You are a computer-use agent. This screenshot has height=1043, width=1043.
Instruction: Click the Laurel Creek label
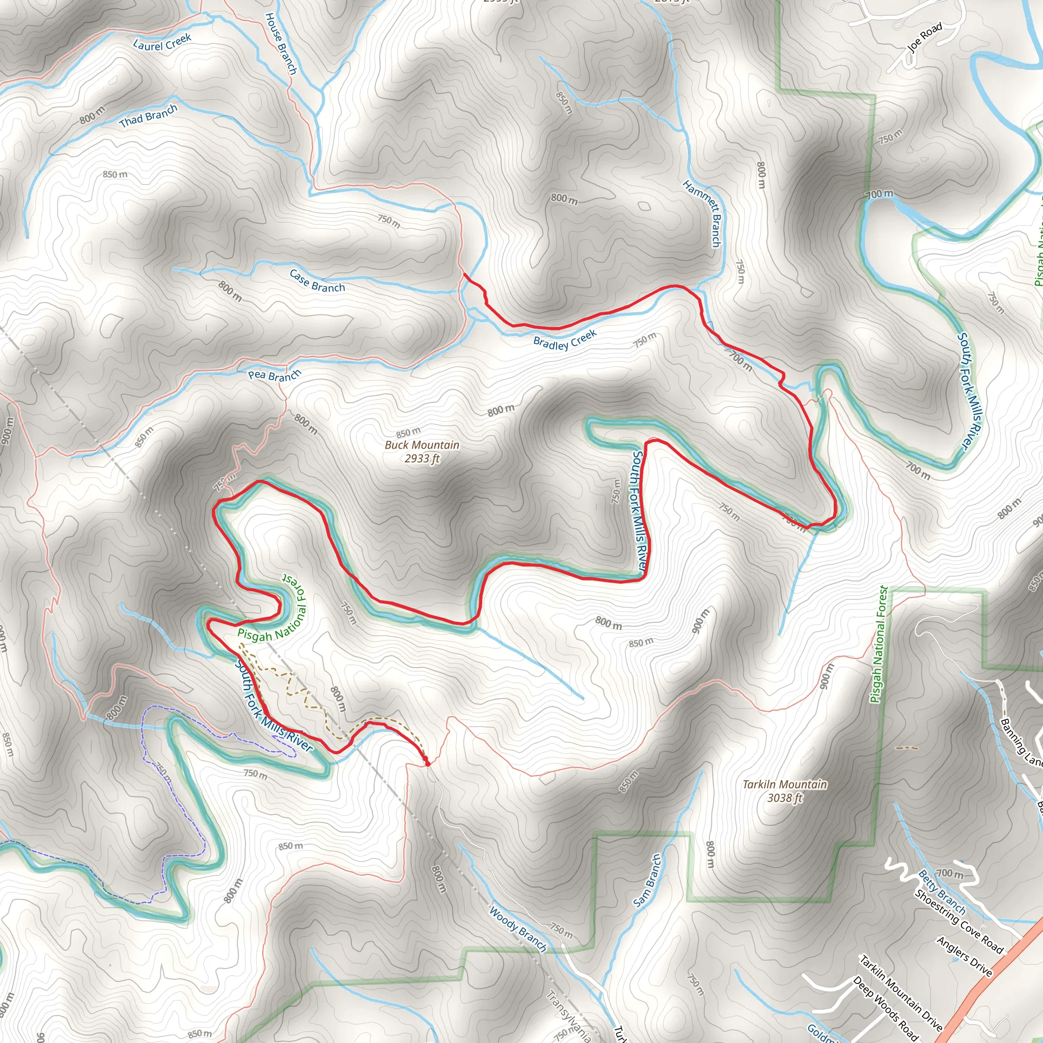coord(162,42)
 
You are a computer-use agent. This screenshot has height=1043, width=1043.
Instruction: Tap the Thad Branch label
coord(149,116)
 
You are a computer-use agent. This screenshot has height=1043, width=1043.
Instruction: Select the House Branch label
coord(281,43)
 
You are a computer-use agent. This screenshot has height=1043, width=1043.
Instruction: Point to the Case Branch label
coord(317,281)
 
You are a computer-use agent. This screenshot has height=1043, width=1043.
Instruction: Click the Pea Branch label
coord(275,375)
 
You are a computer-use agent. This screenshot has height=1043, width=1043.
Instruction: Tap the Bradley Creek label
coord(565,340)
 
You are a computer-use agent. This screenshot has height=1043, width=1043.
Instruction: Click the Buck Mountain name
coord(422,445)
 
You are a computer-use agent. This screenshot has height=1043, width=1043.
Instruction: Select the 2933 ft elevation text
coord(422,458)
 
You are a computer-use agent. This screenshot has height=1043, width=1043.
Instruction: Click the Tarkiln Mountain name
coord(784,784)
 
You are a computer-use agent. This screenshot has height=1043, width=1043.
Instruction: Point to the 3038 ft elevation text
coord(785,798)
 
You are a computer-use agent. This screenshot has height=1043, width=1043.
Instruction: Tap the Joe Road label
coord(925,37)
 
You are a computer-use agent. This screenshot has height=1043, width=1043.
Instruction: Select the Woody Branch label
coord(518,928)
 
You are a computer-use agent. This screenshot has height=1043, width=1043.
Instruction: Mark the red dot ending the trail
coord(427,764)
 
